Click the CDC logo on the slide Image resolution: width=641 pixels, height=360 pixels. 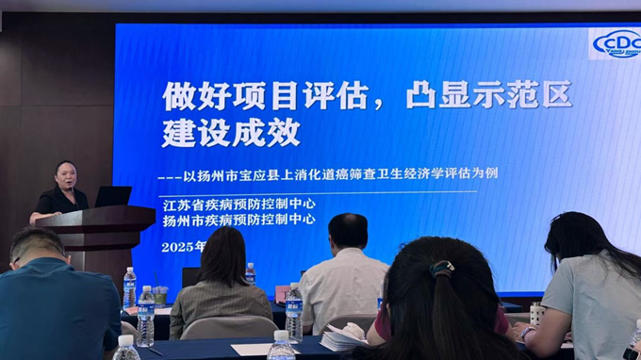point(617,43)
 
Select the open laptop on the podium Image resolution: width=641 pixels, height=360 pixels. point(113,196)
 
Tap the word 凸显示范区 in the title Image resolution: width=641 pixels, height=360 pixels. point(488,95)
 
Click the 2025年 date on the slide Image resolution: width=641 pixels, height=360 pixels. point(183,246)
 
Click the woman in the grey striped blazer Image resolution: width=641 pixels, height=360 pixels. point(221,283)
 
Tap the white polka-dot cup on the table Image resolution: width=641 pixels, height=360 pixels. point(537,313)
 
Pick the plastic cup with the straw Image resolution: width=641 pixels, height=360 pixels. point(160,294)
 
